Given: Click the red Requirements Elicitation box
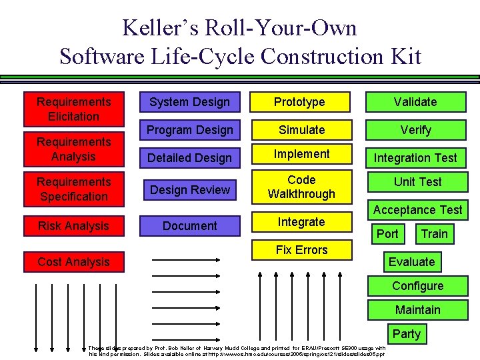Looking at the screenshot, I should click(74, 109).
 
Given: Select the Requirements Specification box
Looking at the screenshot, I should click(74, 189).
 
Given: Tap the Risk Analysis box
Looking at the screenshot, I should click(74, 226).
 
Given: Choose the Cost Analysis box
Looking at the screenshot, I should click(74, 262).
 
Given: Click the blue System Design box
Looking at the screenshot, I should click(189, 102).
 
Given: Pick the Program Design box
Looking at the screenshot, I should click(190, 130).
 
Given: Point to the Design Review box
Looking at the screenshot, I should click(190, 190).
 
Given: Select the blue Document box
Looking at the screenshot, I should click(190, 226).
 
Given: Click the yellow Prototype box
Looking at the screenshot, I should click(300, 102).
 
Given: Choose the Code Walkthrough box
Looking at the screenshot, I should click(301, 187).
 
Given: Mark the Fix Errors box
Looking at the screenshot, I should click(301, 250).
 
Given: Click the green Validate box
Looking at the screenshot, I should click(415, 102).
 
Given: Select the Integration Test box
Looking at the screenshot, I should click(415, 158).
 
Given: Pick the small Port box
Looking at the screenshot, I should click(387, 234).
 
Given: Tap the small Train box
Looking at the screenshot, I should click(434, 234).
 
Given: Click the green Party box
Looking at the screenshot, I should click(406, 334).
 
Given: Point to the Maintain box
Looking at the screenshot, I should click(417, 310).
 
